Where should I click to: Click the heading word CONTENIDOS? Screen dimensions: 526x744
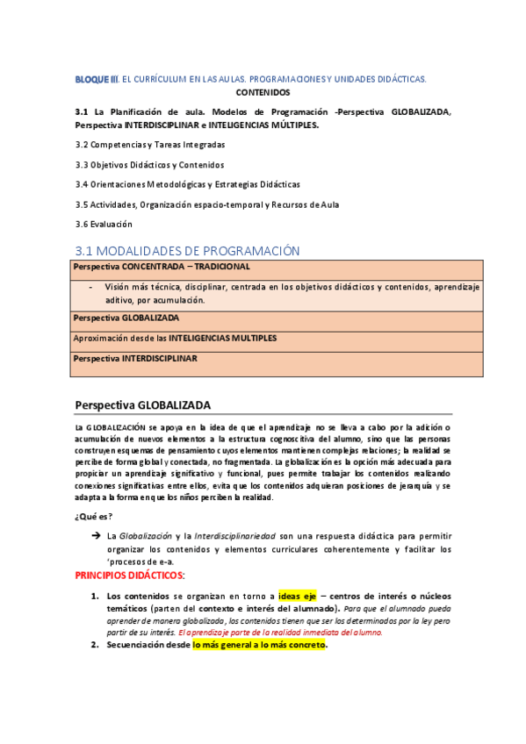(263, 91)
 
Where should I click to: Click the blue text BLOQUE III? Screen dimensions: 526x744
(96, 79)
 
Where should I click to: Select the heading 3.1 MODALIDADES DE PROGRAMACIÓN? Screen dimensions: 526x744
(188, 251)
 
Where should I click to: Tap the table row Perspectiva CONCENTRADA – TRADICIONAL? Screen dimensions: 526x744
(162, 266)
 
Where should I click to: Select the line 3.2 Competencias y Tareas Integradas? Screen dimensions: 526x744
(150, 144)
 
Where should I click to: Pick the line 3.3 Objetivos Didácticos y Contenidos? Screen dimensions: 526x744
(149, 164)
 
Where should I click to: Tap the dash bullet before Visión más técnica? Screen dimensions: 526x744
(91, 286)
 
